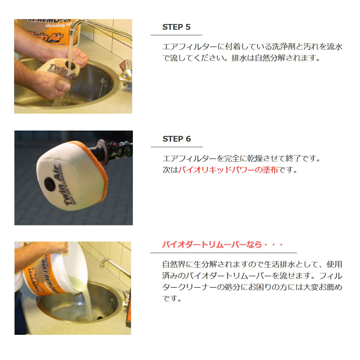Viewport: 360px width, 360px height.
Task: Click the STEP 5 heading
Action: [x=176, y=27]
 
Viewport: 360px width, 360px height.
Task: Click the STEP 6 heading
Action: [x=176, y=139]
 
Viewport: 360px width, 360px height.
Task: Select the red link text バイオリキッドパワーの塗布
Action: [x=228, y=170]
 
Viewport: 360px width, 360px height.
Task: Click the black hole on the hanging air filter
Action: [x=50, y=184]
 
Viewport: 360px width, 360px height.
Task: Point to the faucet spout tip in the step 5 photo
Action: [x=71, y=33]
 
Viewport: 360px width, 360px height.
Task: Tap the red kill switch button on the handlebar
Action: [x=115, y=145]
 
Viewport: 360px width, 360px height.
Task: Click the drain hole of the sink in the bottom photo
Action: [x=100, y=318]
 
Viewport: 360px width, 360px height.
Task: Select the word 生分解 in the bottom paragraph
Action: [x=205, y=264]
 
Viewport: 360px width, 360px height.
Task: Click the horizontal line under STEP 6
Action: [x=177, y=147]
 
